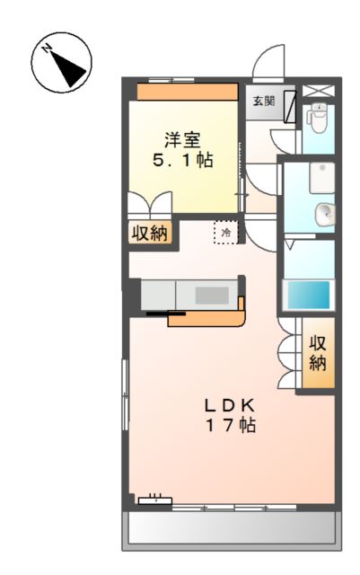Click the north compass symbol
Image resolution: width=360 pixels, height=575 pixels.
click(62, 63)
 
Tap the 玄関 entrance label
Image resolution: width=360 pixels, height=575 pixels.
click(263, 101)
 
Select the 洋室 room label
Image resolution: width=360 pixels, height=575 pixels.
click(181, 140)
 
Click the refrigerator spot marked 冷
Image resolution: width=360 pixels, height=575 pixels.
click(226, 233)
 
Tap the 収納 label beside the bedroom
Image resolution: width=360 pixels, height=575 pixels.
click(151, 233)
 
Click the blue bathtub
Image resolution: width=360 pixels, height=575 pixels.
click(308, 296)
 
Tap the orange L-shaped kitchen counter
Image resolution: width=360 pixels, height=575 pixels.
click(215, 316)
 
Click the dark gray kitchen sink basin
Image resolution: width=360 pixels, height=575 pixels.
click(214, 295)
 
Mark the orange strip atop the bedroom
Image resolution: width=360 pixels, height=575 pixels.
click(187, 92)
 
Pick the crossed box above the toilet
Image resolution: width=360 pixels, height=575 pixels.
click(318, 90)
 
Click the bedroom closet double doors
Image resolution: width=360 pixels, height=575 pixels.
click(148, 203)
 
